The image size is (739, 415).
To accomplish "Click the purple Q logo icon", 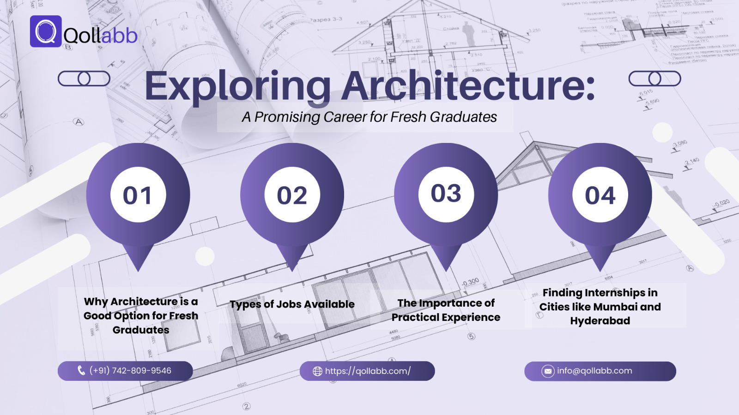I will click(x=46, y=31).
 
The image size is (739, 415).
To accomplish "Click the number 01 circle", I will click(x=138, y=195).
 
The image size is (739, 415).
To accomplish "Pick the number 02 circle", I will click(x=292, y=195).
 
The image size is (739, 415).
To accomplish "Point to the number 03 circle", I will click(x=446, y=194).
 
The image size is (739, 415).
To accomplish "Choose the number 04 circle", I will click(x=600, y=195).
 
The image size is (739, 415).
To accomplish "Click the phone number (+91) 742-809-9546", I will click(x=130, y=371).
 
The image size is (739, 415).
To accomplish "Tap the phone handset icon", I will click(x=81, y=370).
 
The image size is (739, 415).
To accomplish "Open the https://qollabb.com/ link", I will click(x=368, y=371).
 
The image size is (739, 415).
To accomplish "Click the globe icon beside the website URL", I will click(x=317, y=371).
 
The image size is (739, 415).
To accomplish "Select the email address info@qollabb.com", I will click(x=594, y=371).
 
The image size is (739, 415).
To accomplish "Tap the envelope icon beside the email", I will click(x=548, y=371).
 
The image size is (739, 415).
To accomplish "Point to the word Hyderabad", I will click(x=600, y=321).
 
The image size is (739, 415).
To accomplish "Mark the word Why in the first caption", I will click(x=96, y=302).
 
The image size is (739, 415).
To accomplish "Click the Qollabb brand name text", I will click(x=100, y=36).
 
